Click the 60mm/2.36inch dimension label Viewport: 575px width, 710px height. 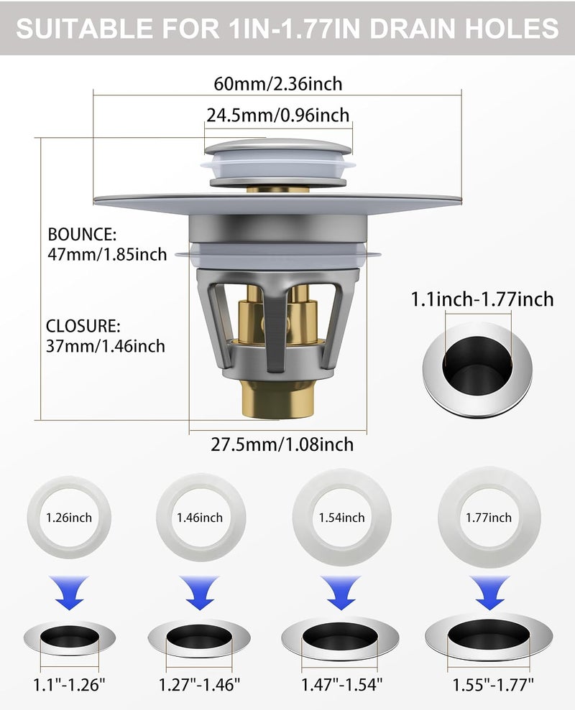(278, 84)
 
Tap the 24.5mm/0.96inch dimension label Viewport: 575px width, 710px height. (278, 115)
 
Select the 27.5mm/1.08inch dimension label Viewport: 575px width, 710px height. (282, 444)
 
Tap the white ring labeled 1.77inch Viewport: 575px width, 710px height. (489, 485)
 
